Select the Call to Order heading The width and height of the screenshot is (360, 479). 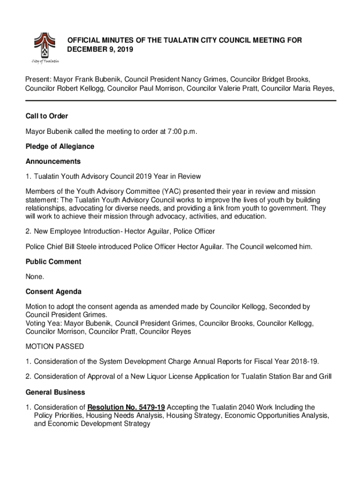(47, 116)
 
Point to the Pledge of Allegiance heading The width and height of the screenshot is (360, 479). (60, 146)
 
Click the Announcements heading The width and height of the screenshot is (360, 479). (53, 161)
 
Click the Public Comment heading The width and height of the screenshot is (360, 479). (53, 261)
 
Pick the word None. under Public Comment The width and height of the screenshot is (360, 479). (35, 276)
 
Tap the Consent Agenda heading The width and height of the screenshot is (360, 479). (54, 291)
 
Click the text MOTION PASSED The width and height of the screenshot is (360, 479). (55, 347)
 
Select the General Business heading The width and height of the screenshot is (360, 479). (55, 392)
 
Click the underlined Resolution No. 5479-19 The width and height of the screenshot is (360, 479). (126, 407)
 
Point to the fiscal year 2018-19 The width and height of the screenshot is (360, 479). (305, 362)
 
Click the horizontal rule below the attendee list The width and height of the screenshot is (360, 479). (180, 101)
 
